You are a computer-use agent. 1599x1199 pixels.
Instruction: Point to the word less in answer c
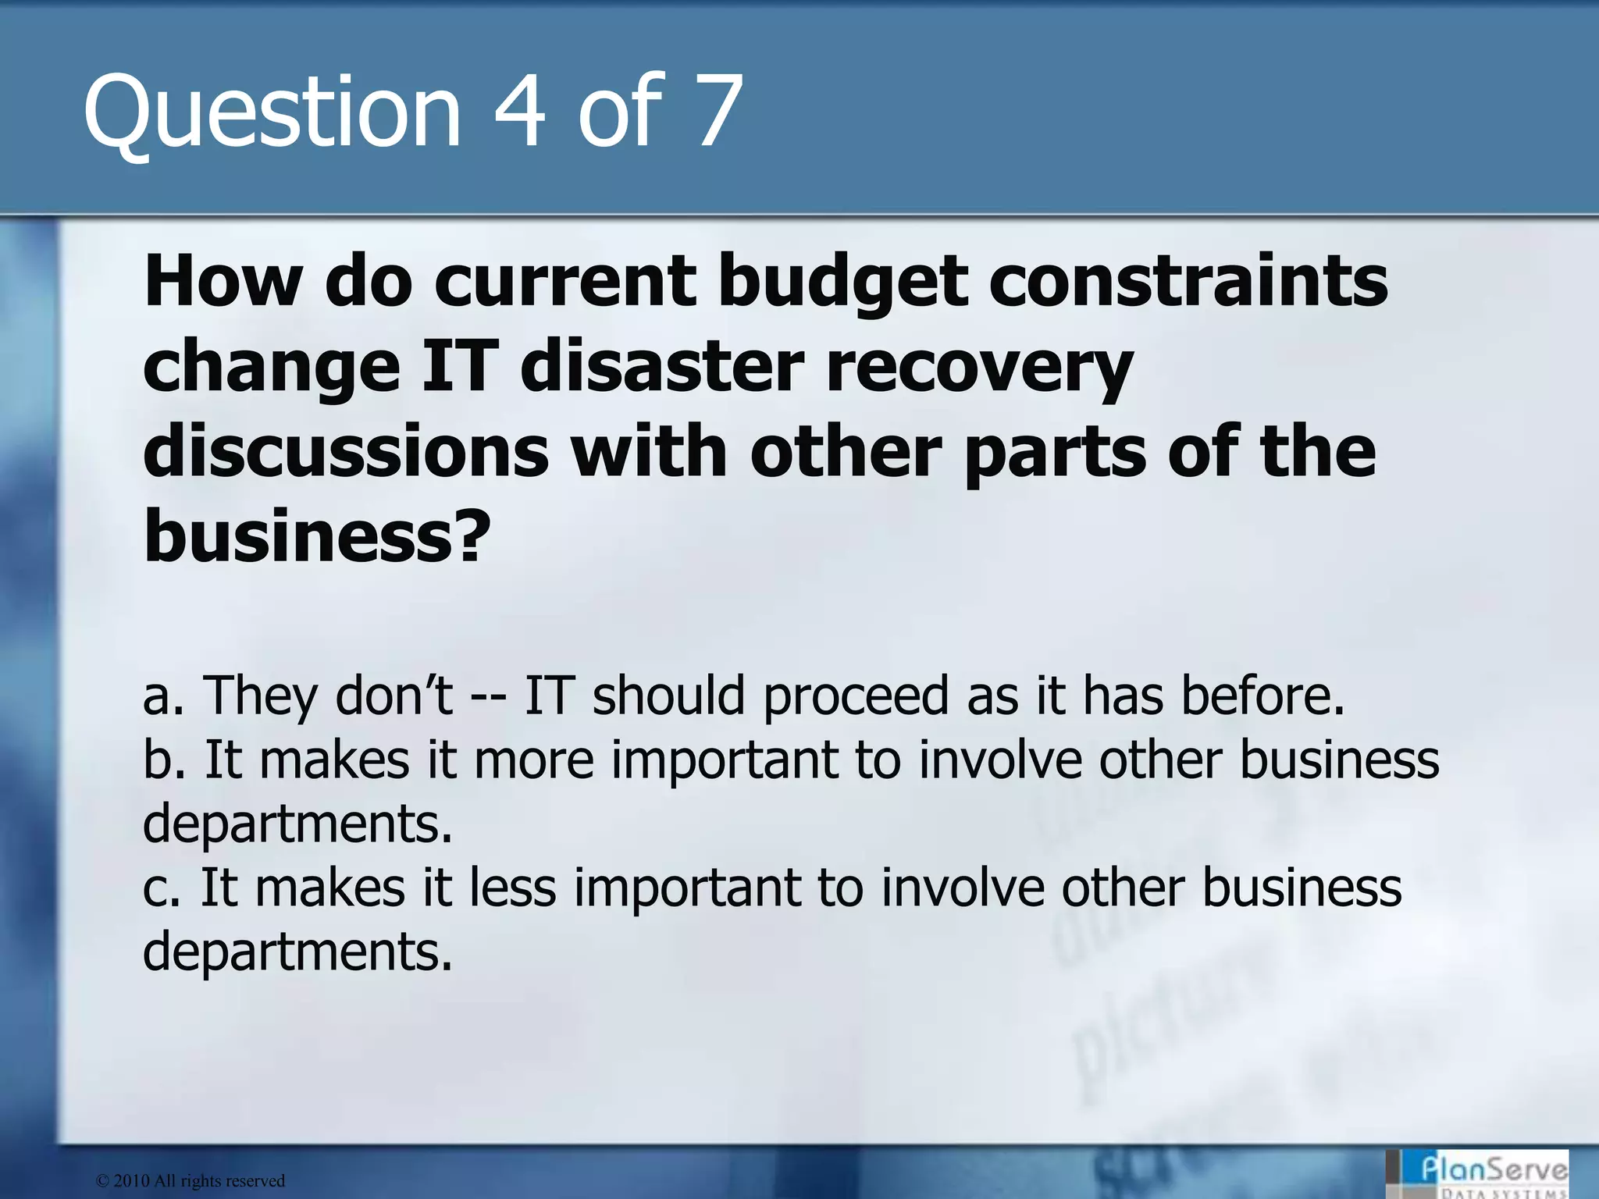(512, 888)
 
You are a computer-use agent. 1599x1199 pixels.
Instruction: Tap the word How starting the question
(223, 283)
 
